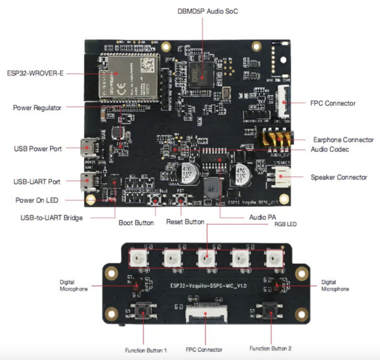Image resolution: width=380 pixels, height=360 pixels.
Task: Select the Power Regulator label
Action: coord(37,108)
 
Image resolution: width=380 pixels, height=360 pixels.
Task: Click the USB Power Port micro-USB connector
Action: coord(86,149)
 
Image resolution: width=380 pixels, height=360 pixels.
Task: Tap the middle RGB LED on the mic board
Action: coord(206,257)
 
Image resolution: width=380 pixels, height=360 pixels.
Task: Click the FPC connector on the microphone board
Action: coord(206,312)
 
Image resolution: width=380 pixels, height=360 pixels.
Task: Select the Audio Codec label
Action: coord(332,150)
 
